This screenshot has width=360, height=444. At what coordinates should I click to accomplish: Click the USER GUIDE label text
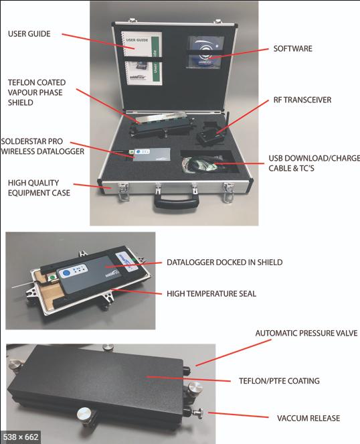(29, 33)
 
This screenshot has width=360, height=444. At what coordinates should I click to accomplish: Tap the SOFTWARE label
(292, 48)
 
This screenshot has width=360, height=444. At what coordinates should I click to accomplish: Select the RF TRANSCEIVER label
(302, 100)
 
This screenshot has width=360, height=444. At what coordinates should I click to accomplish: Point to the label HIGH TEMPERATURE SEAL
(211, 293)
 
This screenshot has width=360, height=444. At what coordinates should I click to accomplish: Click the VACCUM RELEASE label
(308, 419)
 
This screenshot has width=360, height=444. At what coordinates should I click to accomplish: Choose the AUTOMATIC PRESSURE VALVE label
(306, 333)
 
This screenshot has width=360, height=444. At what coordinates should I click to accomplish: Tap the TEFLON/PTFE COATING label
(279, 381)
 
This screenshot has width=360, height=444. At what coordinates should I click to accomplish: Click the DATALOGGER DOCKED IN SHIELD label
(224, 263)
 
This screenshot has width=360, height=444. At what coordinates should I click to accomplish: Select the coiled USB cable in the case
(202, 165)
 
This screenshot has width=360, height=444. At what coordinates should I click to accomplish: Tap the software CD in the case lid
(205, 52)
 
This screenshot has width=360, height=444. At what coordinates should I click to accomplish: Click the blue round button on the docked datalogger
(66, 273)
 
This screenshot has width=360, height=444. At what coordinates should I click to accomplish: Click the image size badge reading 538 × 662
(20, 437)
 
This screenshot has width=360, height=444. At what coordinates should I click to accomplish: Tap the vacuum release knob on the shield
(196, 413)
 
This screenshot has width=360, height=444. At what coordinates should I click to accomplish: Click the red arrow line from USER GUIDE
(98, 42)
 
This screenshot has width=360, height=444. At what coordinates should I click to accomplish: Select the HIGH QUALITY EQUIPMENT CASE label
(39, 188)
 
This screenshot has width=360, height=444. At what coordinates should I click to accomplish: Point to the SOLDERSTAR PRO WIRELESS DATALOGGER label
(42, 146)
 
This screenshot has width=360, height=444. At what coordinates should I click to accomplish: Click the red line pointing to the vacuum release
(238, 415)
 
